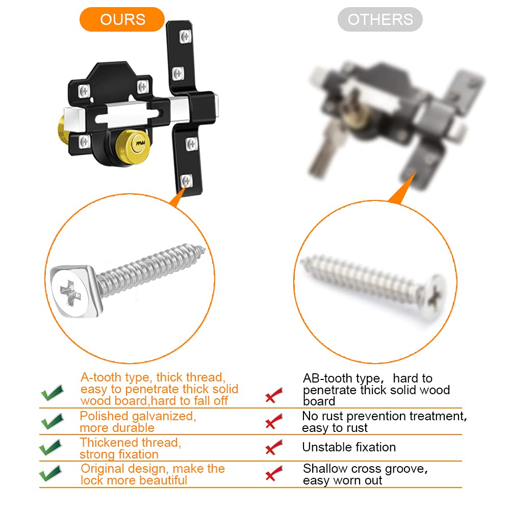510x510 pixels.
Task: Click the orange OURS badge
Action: (122, 20)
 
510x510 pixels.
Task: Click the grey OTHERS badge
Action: (380, 20)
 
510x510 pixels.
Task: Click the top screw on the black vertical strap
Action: (185, 36)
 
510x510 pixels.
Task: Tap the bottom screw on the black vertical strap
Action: (187, 180)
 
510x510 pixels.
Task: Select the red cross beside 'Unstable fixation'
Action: (274, 448)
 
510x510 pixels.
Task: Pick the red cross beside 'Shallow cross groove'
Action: (274, 475)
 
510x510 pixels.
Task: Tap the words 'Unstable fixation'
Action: (349, 447)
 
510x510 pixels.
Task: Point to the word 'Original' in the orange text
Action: (102, 469)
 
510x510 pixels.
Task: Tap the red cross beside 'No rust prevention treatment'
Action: (274, 422)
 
